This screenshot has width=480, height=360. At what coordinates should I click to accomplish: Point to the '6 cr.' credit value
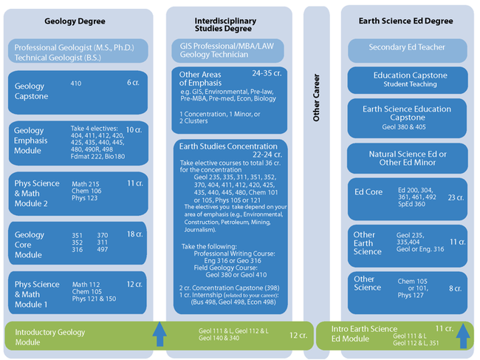[133, 83]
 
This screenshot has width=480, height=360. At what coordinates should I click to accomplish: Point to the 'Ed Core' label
[368, 192]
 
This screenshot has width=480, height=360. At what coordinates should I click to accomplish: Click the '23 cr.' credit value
[455, 197]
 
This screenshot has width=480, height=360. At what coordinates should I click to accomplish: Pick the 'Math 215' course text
[84, 183]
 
